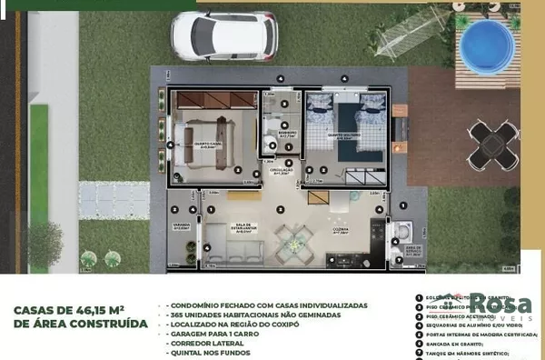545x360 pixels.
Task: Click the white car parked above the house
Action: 223,35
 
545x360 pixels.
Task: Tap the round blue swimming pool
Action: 486,42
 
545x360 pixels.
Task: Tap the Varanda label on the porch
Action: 182,227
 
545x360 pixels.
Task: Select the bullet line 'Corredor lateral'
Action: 205,344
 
